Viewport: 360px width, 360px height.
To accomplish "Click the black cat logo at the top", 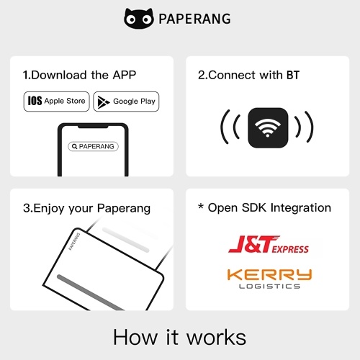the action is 139,18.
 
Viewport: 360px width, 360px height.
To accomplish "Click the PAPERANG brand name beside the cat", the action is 194,19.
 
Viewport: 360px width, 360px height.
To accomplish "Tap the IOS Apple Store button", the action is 56,102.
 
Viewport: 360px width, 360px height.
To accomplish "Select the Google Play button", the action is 126,102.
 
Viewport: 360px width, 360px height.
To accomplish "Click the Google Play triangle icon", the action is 103,102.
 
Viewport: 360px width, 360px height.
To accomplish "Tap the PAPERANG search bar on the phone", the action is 93,146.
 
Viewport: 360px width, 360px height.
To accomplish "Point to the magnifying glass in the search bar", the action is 75,146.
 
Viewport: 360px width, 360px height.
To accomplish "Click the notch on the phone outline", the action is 93,126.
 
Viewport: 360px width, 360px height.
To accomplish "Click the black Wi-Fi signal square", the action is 268,127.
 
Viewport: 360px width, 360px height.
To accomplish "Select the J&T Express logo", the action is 269,244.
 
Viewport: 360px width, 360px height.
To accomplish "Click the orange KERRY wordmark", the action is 269,275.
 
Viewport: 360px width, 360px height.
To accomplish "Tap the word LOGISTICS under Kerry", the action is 269,287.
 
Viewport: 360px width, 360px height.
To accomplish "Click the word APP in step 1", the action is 125,75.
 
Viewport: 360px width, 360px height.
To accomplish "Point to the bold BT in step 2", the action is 293,75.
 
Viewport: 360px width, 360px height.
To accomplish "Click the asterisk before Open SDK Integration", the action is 201,206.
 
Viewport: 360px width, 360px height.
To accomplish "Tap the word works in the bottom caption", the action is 217,338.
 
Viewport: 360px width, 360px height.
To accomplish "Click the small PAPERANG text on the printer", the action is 74,241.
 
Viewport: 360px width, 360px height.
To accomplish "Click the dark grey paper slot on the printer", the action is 91,292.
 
